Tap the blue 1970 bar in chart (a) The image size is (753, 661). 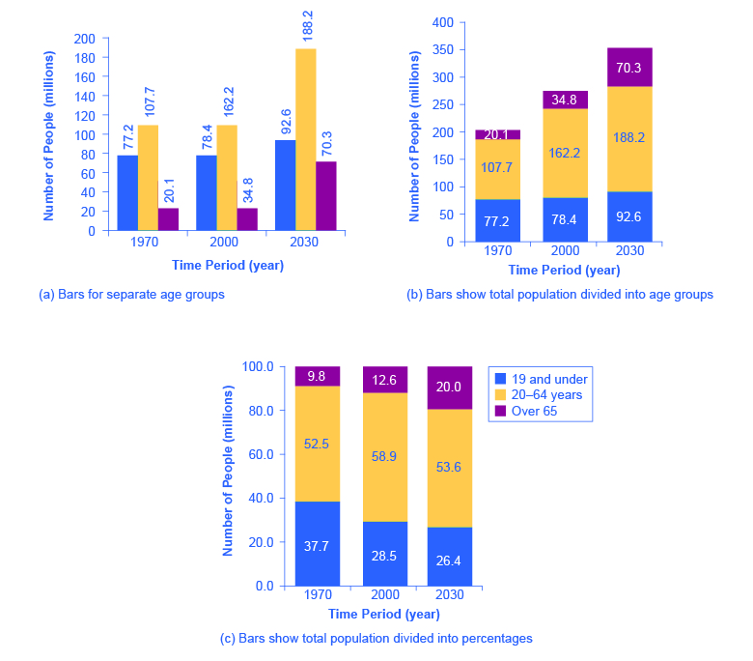(x=127, y=193)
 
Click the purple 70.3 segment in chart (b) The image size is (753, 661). (x=629, y=67)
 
